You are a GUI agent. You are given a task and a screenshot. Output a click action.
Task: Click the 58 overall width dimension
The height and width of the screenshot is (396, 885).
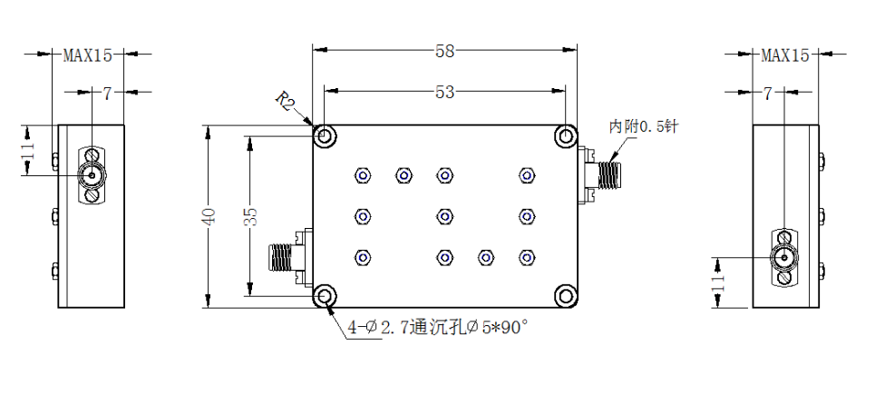[x=444, y=51]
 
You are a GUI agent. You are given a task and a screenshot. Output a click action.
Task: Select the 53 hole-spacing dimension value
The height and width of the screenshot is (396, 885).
[x=444, y=92]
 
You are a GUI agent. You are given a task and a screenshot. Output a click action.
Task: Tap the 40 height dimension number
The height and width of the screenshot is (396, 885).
[x=209, y=217]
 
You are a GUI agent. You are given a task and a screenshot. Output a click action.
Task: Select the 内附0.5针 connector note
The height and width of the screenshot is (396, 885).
[x=644, y=126]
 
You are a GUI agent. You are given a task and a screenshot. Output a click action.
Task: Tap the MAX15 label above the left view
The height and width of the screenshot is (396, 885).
[x=87, y=54]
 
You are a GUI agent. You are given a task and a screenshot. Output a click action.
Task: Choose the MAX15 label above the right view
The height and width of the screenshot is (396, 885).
[x=785, y=54]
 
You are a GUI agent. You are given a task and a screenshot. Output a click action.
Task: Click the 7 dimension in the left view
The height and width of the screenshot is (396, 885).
[x=107, y=94]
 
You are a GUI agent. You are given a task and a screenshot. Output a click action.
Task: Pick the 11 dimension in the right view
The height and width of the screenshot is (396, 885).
[x=718, y=282]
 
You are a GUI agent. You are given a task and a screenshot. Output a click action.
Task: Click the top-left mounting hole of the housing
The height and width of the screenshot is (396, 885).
[x=326, y=135]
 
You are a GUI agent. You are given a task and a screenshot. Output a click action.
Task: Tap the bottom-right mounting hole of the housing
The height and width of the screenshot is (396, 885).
[x=565, y=296]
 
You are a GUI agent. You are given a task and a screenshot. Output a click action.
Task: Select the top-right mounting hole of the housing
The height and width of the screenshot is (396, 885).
[x=565, y=135]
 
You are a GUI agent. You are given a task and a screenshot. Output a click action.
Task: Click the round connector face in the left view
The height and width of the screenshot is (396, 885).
[x=92, y=176]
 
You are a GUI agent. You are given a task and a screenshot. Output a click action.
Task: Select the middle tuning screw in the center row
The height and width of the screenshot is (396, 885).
[x=444, y=217]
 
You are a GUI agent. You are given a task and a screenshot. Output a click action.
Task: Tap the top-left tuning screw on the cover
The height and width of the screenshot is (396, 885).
[x=363, y=176]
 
